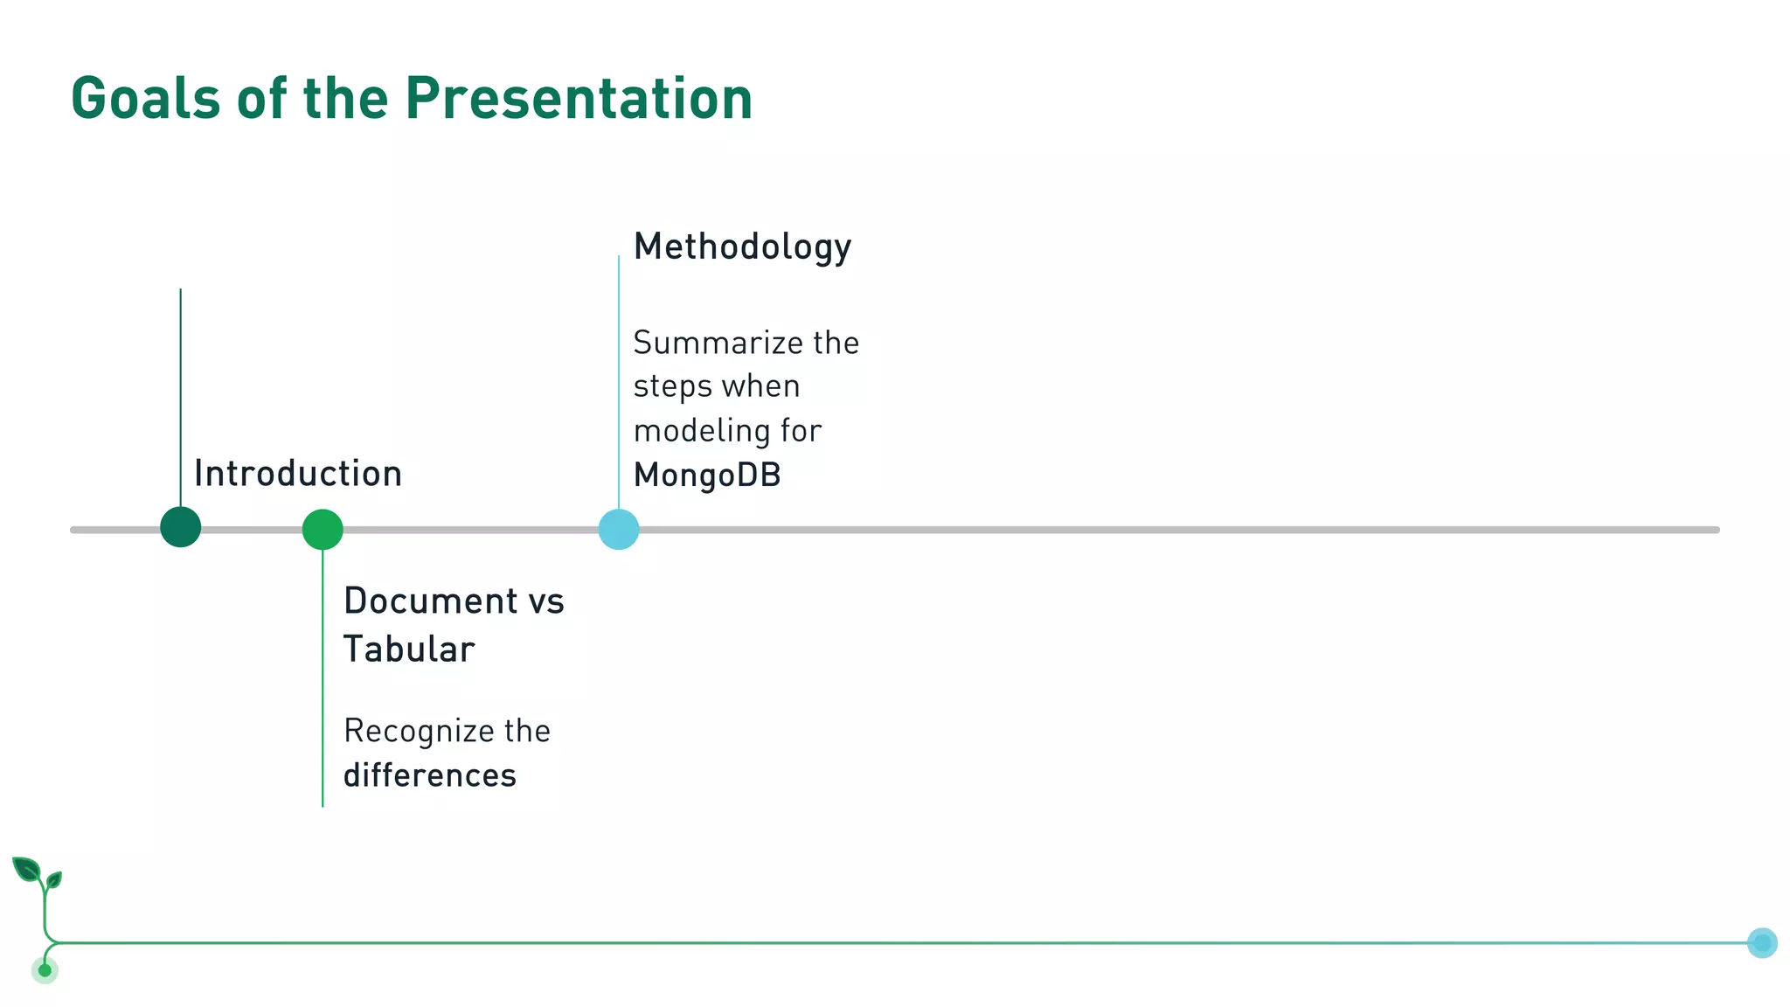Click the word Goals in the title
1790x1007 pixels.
pyautogui.click(x=145, y=98)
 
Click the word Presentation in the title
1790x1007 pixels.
pyautogui.click(x=578, y=98)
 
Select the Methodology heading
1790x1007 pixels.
pyautogui.click(x=742, y=247)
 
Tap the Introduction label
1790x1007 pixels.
pyautogui.click(x=297, y=474)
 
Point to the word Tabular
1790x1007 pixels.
pyautogui.click(x=408, y=649)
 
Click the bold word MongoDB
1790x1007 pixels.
pyautogui.click(x=706, y=476)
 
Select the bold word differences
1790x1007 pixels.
pyautogui.click(x=429, y=775)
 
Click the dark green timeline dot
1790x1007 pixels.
pyautogui.click(x=181, y=527)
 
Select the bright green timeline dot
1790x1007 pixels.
pyautogui.click(x=323, y=530)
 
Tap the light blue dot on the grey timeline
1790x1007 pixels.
pyautogui.click(x=619, y=530)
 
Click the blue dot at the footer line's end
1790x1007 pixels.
pyautogui.click(x=1762, y=942)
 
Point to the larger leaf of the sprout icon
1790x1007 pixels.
pyautogui.click(x=27, y=869)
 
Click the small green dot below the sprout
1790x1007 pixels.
pyautogui.click(x=45, y=970)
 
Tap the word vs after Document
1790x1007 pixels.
pyautogui.click(x=546, y=601)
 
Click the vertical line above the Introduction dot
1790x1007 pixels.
pyautogui.click(x=181, y=393)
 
